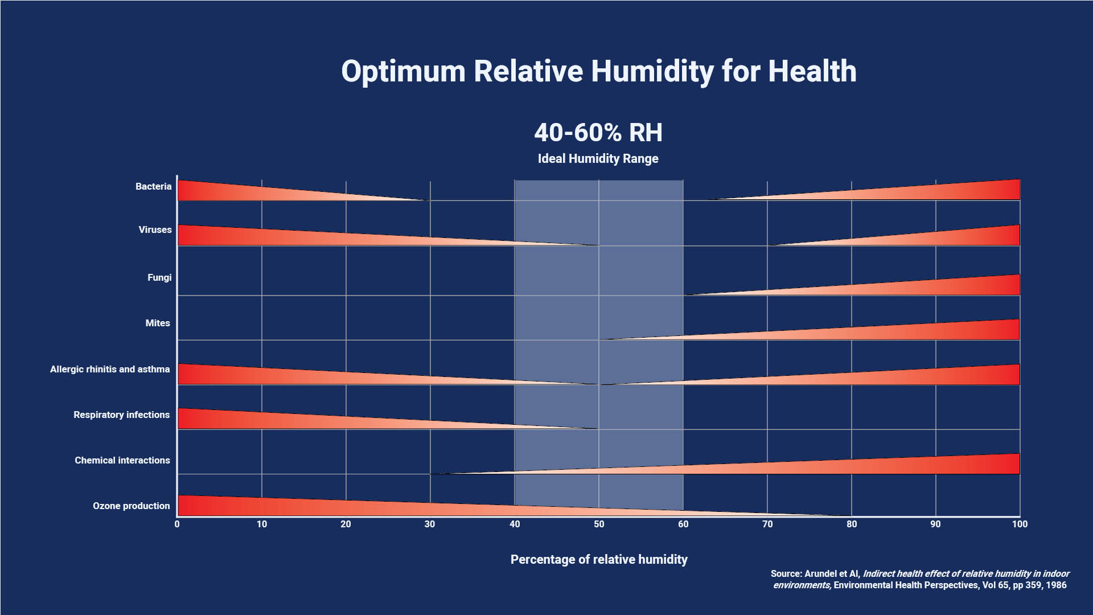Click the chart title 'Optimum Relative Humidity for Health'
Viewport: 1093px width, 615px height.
click(x=598, y=72)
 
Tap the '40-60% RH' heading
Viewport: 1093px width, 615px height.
click(x=598, y=133)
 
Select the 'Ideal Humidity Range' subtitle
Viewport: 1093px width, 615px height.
click(x=598, y=159)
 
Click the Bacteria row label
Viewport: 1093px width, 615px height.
click(x=153, y=186)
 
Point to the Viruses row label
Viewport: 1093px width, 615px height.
click(x=155, y=229)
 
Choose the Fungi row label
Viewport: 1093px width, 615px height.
click(x=159, y=277)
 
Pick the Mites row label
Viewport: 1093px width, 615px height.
click(x=158, y=323)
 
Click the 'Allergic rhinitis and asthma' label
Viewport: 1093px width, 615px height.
click(x=110, y=369)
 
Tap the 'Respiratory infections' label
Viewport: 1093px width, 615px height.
click(x=121, y=415)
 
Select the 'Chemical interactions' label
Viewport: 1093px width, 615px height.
click(x=122, y=460)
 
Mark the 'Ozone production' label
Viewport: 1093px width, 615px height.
click(x=132, y=506)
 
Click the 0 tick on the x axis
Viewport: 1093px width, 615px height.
click(x=177, y=524)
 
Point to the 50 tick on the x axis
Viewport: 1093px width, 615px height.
click(x=599, y=524)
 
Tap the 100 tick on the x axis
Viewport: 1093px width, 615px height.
click(x=1020, y=524)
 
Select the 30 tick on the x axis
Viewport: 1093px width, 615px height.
click(x=430, y=524)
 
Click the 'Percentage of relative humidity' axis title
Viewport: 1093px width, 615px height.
click(x=599, y=559)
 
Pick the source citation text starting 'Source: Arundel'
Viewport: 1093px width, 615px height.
click(x=919, y=579)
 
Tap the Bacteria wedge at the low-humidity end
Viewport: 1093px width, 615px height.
click(x=228, y=192)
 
